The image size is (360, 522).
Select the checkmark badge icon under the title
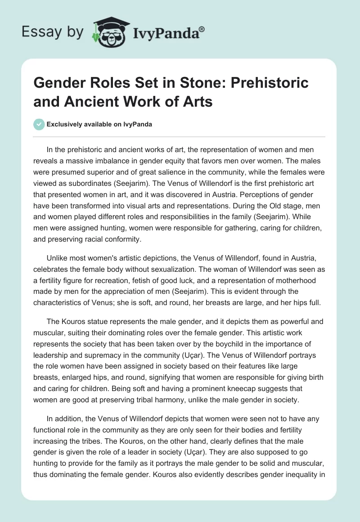[39, 124]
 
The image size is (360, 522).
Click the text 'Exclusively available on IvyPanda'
[99, 124]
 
